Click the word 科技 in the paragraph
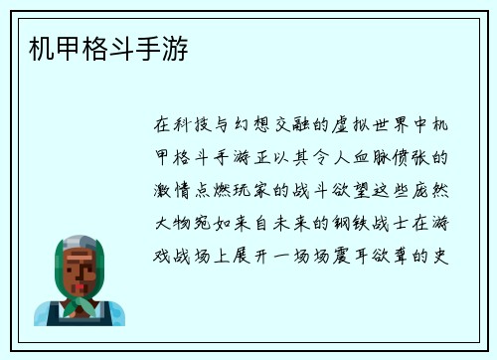coord(195,125)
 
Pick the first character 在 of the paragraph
coord(163,125)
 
